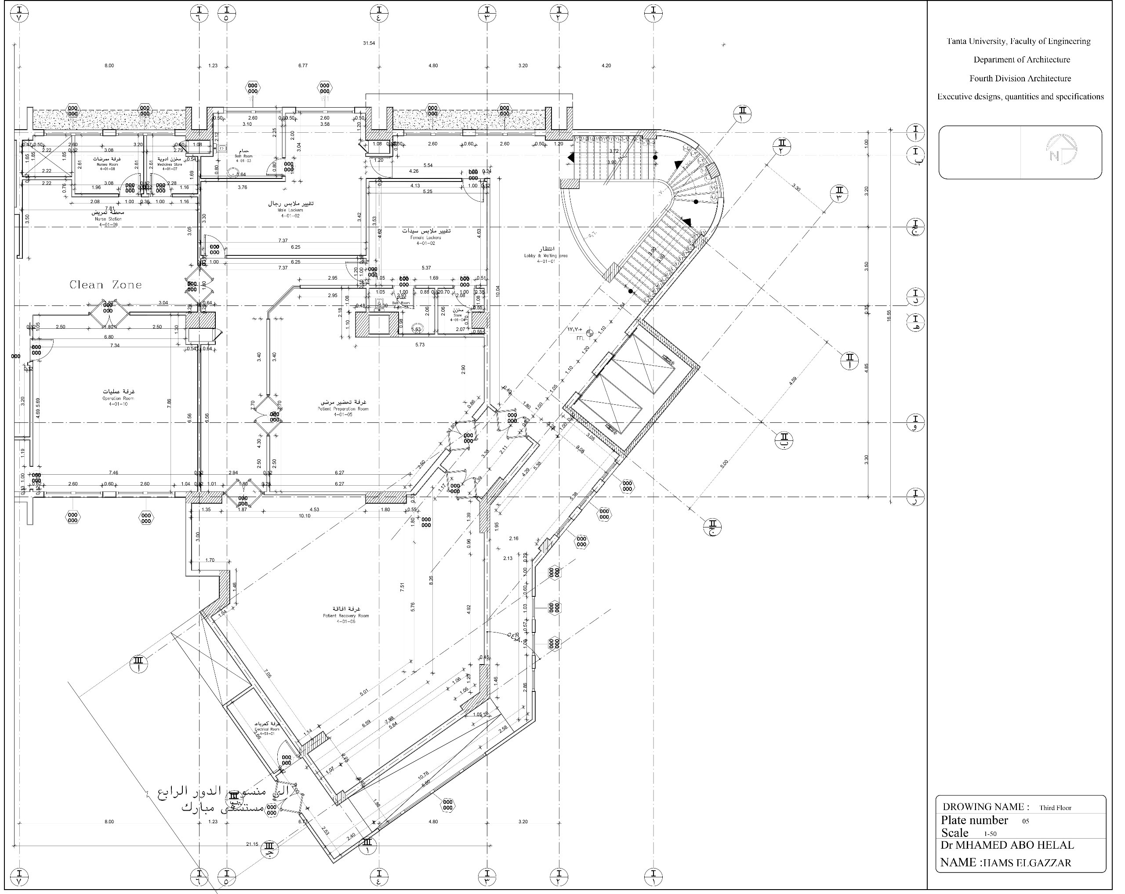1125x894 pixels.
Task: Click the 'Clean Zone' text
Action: coord(106,285)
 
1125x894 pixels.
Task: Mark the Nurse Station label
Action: coord(108,215)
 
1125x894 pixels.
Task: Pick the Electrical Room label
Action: coord(267,727)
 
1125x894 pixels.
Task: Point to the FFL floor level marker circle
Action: coord(590,332)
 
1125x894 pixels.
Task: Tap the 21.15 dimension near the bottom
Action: coord(252,844)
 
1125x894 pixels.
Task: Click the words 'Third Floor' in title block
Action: coord(1055,808)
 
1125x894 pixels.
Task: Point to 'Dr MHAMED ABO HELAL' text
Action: coord(1007,846)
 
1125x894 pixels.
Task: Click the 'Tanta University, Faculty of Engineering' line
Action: coord(1018,41)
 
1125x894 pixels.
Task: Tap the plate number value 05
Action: coord(1025,821)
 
